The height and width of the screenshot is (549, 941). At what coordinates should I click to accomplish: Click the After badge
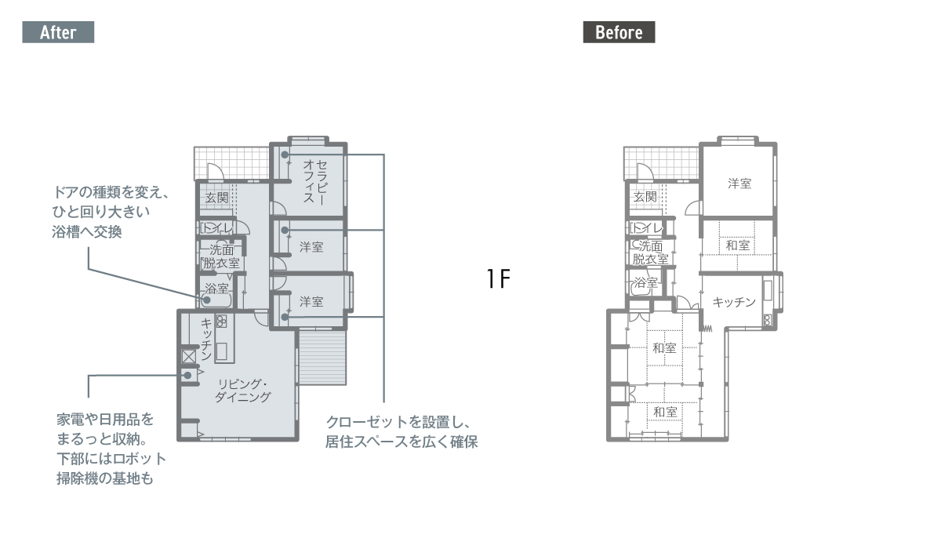pyautogui.click(x=58, y=32)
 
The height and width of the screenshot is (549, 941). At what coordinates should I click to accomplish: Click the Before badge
pyautogui.click(x=619, y=32)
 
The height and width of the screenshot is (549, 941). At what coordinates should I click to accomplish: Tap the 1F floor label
pyautogui.click(x=498, y=278)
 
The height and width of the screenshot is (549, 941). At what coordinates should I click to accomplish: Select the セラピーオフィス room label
pyautogui.click(x=315, y=182)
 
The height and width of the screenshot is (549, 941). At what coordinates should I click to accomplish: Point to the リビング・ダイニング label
pyautogui.click(x=243, y=391)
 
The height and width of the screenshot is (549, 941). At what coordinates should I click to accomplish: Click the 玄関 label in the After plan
pyautogui.click(x=216, y=198)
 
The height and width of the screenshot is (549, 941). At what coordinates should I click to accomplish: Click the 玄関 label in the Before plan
pyautogui.click(x=645, y=197)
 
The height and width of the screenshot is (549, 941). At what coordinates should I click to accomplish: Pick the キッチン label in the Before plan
pyautogui.click(x=734, y=302)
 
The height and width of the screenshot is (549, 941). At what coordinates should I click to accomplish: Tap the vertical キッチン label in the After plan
pyautogui.click(x=206, y=340)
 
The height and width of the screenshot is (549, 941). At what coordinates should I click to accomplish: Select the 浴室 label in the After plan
pyautogui.click(x=216, y=288)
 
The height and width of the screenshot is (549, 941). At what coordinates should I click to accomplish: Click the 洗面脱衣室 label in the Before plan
pyautogui.click(x=650, y=253)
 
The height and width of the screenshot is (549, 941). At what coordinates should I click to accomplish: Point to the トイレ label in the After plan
pyautogui.click(x=216, y=228)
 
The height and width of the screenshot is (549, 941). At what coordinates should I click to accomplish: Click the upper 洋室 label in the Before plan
pyautogui.click(x=739, y=184)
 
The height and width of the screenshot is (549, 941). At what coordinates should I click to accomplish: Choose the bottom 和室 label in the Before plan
pyautogui.click(x=665, y=412)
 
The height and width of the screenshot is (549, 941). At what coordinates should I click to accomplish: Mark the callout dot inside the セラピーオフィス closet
pyautogui.click(x=285, y=155)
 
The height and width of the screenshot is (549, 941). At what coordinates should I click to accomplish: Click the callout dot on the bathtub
pyautogui.click(x=207, y=300)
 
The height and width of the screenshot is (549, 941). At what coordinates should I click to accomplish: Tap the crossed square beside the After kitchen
pyautogui.click(x=189, y=357)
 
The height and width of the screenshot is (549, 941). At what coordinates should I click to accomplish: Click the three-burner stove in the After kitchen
pyautogui.click(x=221, y=321)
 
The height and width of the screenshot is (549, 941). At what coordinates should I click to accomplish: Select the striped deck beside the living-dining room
pyautogui.click(x=322, y=358)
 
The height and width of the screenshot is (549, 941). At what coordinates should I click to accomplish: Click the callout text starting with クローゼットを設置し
pyautogui.click(x=401, y=432)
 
